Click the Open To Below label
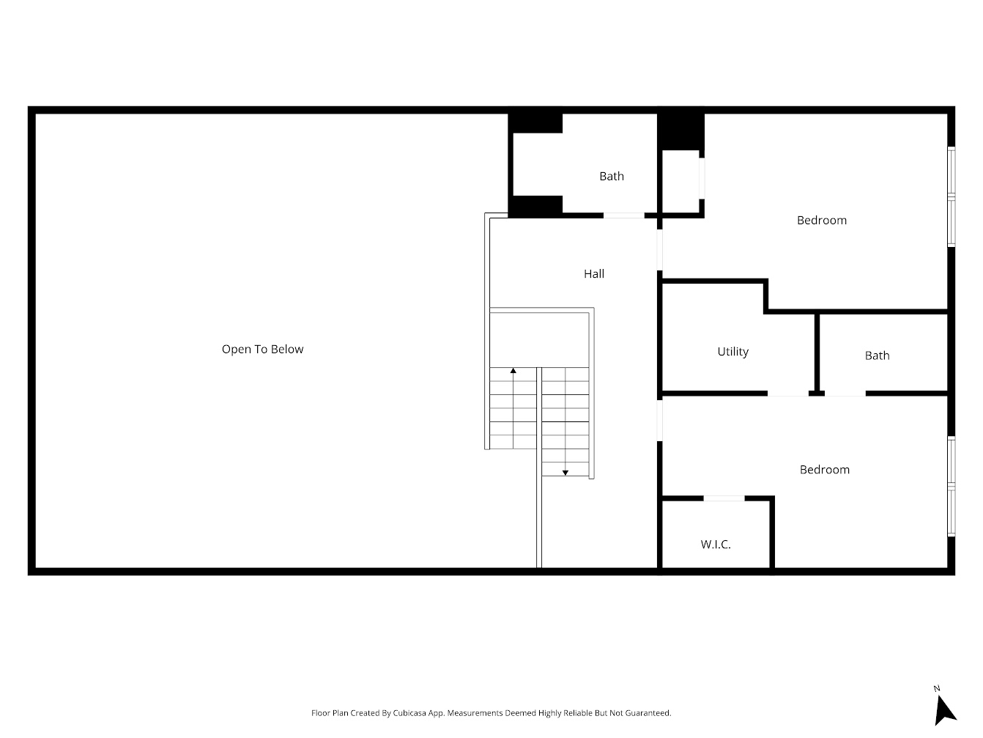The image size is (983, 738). pyautogui.click(x=262, y=350)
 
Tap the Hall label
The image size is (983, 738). pyautogui.click(x=594, y=274)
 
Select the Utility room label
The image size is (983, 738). pyautogui.click(x=732, y=352)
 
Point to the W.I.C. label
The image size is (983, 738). pyautogui.click(x=716, y=545)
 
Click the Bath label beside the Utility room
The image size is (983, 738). pyautogui.click(x=877, y=355)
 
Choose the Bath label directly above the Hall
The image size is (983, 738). pyautogui.click(x=612, y=176)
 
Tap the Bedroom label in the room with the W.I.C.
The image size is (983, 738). pyautogui.click(x=824, y=470)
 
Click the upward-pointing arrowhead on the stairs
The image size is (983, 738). pyautogui.click(x=513, y=372)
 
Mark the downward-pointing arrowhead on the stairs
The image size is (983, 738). pyautogui.click(x=565, y=473)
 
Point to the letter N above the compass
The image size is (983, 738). pyautogui.click(x=937, y=688)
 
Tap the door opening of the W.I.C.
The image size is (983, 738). pyautogui.click(x=724, y=498)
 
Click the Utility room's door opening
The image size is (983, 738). pyautogui.click(x=787, y=394)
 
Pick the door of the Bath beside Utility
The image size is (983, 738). pyautogui.click(x=845, y=394)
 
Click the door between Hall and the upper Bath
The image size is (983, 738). pyautogui.click(x=623, y=215)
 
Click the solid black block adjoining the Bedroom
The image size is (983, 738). pyautogui.click(x=680, y=130)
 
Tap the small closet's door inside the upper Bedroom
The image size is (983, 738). pyautogui.click(x=702, y=178)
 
